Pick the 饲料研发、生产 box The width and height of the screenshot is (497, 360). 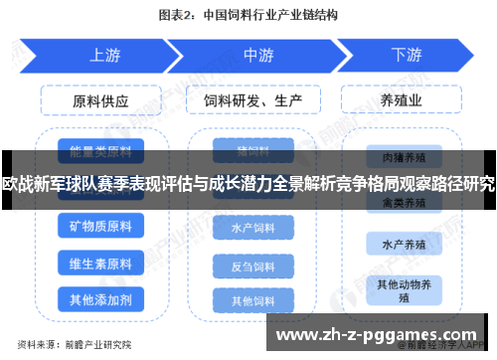tap(252, 100)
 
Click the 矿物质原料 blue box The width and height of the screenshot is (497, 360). tap(100, 227)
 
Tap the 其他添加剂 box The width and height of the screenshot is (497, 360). tap(100, 298)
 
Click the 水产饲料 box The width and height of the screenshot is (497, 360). tap(252, 228)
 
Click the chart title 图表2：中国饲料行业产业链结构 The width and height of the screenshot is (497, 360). tap(248, 15)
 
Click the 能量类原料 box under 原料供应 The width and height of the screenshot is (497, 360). tap(100, 152)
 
